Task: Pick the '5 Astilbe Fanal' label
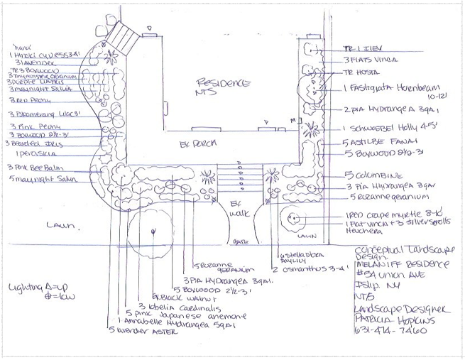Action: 368,143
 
